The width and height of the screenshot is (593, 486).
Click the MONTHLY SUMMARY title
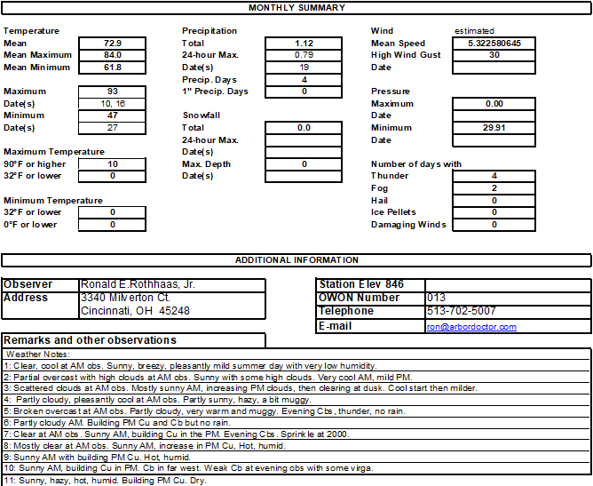tap(296, 8)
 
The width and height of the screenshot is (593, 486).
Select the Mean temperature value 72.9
tap(113, 43)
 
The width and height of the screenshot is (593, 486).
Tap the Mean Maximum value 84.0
tap(113, 55)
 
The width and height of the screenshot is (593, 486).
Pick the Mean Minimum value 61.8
tap(113, 68)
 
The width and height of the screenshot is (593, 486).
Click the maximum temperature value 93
tap(113, 92)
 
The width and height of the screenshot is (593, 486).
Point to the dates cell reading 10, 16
tap(113, 104)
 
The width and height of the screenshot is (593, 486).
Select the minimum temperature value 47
tap(113, 116)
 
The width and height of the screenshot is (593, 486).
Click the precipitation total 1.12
tap(304, 43)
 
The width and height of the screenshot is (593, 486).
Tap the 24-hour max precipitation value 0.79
tap(304, 55)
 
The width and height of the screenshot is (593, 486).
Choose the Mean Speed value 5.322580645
tap(494, 43)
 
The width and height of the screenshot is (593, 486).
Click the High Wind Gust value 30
tap(494, 55)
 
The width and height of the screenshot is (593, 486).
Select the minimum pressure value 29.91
tap(494, 128)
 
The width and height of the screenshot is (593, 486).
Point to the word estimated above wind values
tap(474, 31)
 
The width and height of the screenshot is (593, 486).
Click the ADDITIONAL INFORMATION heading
tap(296, 260)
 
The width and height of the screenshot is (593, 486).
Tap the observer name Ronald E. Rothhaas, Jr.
tap(138, 284)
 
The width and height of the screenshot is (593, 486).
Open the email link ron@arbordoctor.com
tap(471, 327)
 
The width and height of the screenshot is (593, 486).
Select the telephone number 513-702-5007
tap(462, 312)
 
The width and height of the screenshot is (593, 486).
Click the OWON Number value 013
tap(436, 298)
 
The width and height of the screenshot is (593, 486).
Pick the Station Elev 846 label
tap(361, 284)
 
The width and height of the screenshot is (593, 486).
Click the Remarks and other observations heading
tap(91, 340)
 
